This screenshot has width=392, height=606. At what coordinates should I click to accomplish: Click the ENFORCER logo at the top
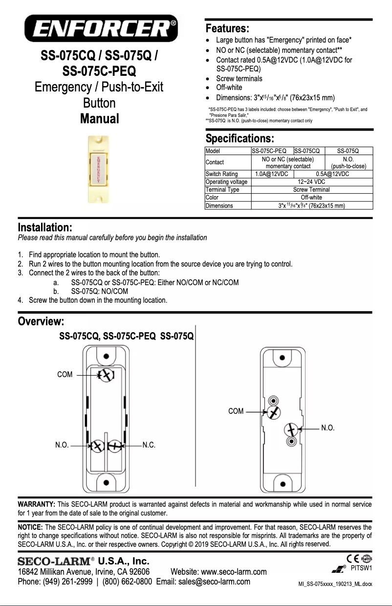pos(102,28)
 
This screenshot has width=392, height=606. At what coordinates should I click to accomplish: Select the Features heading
pos(227,27)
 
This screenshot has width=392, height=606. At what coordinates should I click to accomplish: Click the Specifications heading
pos(240,138)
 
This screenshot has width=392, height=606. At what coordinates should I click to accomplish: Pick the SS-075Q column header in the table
pos(348,151)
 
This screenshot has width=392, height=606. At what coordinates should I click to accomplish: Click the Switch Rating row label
pos(221,174)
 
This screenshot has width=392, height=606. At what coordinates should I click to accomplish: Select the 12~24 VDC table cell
pos(311,182)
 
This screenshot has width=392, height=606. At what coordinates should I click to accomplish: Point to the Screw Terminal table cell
pos(311,190)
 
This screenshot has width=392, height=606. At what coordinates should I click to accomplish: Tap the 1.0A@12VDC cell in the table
pos(272,174)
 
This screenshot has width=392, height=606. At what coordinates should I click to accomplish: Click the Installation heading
pos(45,227)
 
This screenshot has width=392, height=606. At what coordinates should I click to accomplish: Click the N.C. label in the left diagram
pos(149,446)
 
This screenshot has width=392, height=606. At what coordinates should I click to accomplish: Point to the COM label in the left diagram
pos(65,375)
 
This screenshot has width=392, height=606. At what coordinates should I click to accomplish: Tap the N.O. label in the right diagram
pos(327,428)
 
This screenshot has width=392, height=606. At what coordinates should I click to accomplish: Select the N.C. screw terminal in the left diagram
pos(115,446)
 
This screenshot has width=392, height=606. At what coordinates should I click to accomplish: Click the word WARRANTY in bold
pos(36,504)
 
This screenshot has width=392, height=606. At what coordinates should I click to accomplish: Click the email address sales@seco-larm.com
pos(214,582)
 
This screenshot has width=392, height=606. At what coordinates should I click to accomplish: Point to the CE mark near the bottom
pos(351,559)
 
